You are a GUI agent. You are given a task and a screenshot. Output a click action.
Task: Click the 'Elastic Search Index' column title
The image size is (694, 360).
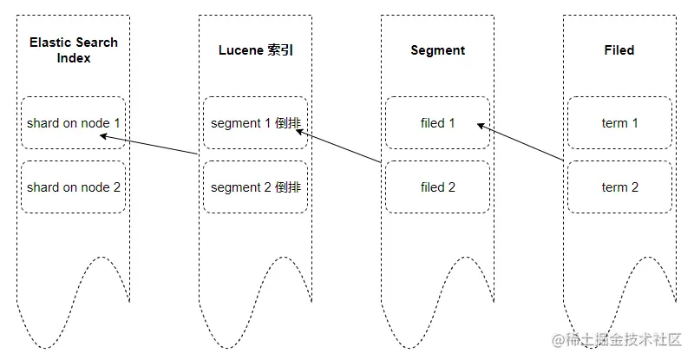tap(74, 50)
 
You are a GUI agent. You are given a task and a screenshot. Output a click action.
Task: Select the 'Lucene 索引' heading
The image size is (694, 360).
tap(255, 50)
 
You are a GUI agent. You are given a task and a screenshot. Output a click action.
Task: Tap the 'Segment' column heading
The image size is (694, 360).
tap(437, 50)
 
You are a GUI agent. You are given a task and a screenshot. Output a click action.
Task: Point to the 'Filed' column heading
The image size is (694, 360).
tap(619, 50)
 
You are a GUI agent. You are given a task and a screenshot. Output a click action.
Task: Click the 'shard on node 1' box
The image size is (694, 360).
tap(74, 123)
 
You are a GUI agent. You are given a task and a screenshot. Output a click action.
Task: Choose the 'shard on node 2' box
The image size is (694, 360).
tap(74, 187)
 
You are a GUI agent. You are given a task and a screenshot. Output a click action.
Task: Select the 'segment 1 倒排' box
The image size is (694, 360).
tap(255, 123)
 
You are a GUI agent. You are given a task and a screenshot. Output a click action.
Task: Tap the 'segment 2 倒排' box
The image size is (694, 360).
tap(255, 187)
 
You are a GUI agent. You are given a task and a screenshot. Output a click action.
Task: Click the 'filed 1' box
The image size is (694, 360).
tap(437, 123)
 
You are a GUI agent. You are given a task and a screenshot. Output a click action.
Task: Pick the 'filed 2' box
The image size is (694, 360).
tap(437, 187)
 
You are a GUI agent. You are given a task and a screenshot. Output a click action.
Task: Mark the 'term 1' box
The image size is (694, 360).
tap(619, 123)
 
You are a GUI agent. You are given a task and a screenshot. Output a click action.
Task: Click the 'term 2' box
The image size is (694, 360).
tap(619, 187)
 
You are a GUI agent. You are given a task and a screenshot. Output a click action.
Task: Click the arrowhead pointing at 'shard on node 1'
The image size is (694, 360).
tap(104, 135)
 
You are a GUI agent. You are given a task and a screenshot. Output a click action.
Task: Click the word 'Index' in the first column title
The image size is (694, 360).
tap(74, 58)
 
